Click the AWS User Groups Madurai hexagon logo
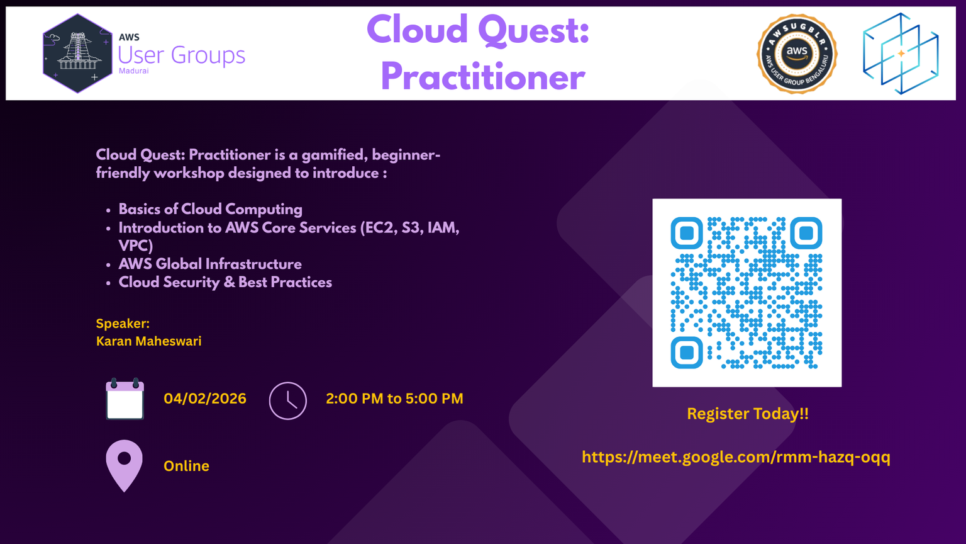[x=77, y=54]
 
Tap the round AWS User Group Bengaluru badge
[x=797, y=54]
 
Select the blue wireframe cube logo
[x=901, y=54]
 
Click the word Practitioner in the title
[x=482, y=77]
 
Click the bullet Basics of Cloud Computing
[x=211, y=210]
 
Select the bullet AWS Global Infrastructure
[x=210, y=264]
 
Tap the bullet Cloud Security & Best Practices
[x=225, y=282]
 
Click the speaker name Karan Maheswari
[x=149, y=341]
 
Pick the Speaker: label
[x=123, y=324]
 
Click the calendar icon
[x=125, y=399]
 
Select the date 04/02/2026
[x=205, y=399]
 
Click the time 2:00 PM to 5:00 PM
[x=394, y=399]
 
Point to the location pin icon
[x=124, y=466]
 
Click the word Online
[x=186, y=467]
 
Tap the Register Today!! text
[x=748, y=414]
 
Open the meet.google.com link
[x=736, y=457]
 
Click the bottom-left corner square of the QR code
[x=687, y=353]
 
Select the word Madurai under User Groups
[x=134, y=71]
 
